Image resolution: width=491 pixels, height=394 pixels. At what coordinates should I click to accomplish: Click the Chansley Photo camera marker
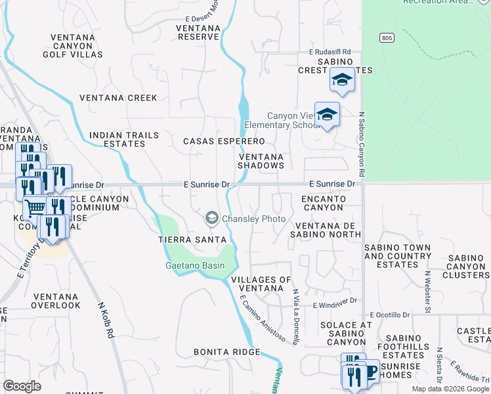coord(212,217)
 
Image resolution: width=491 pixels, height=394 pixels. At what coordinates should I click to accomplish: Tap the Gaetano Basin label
coord(194,265)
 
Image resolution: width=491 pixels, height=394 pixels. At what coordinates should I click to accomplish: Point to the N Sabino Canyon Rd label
coord(361,144)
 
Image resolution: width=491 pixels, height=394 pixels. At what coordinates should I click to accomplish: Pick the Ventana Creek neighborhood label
coord(118,98)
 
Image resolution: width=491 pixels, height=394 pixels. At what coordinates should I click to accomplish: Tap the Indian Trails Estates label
coord(124,139)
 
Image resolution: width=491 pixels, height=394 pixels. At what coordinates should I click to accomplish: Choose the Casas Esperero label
coord(224,141)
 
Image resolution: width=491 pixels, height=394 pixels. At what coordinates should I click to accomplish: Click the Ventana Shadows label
coord(261,162)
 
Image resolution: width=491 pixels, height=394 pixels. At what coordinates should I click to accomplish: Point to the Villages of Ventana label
coord(261,284)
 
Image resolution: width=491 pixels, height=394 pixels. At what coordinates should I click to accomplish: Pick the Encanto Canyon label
coord(323,203)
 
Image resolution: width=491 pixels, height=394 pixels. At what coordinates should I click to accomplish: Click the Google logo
coord(22,386)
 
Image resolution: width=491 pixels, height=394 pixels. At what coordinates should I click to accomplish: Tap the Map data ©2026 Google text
coord(450,389)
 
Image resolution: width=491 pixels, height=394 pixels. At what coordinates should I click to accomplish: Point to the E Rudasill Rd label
coord(330,52)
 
